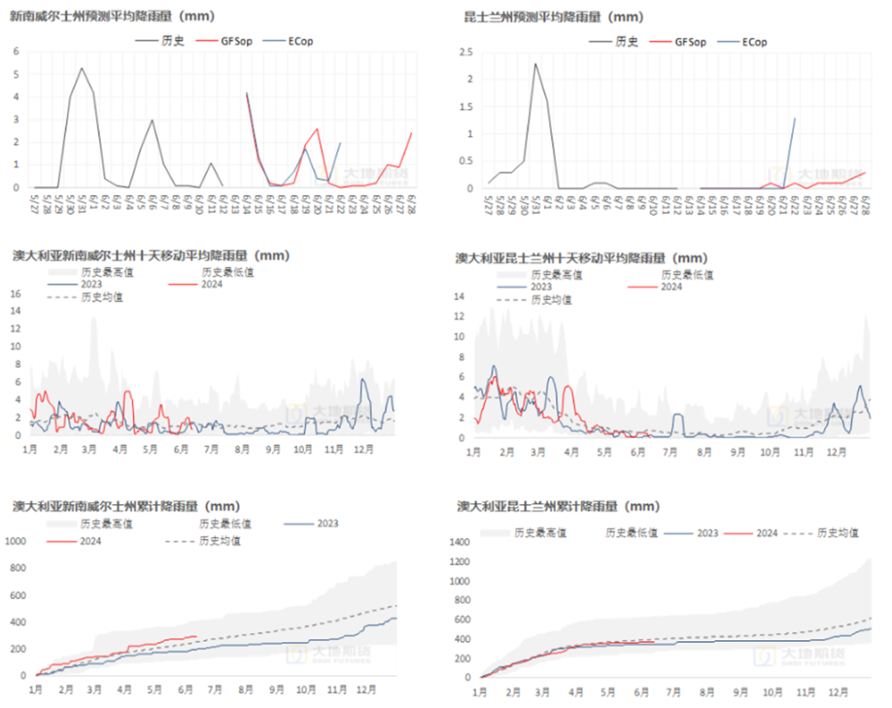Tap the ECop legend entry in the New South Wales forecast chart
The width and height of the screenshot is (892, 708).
tap(297, 41)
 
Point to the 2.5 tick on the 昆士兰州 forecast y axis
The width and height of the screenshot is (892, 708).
tap(466, 52)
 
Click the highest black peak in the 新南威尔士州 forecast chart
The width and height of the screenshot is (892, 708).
tap(81, 68)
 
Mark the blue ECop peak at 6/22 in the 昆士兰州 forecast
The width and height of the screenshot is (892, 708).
tap(795, 118)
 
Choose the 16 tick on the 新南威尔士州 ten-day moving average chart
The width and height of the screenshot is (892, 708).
tap(13, 293)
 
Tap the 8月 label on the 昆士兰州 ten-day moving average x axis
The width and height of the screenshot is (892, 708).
tap(705, 453)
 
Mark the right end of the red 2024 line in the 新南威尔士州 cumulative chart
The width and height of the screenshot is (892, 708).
tap(197, 636)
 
